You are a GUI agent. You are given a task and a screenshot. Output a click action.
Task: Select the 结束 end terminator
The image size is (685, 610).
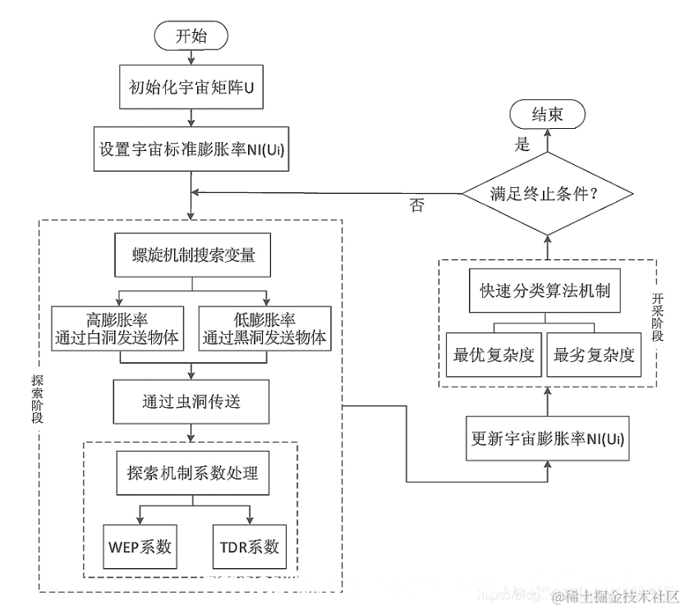click(x=548, y=115)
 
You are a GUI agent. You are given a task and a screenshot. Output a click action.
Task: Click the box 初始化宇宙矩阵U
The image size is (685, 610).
click(x=191, y=85)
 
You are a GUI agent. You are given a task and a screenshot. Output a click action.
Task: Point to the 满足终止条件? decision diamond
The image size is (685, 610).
click(x=548, y=194)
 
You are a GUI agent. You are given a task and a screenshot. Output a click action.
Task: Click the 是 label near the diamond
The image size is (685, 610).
click(x=522, y=144)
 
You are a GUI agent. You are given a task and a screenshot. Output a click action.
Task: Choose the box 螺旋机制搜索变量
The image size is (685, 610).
click(x=191, y=255)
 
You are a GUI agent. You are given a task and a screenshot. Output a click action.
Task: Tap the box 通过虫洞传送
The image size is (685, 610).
click(x=191, y=401)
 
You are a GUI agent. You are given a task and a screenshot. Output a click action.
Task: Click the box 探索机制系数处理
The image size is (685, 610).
click(x=191, y=474)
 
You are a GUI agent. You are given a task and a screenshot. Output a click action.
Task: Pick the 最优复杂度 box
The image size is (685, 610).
click(x=494, y=355)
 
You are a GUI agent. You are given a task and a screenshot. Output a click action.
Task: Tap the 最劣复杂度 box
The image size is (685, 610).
click(x=594, y=355)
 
